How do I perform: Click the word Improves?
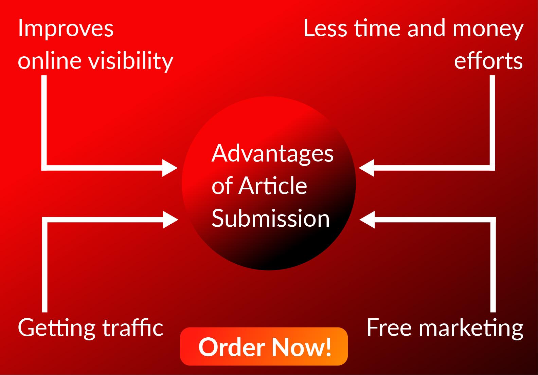(66, 29)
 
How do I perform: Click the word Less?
(325, 28)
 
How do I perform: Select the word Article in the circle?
(273, 186)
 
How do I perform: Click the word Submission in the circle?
(271, 218)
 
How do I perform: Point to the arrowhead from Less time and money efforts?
(366, 168)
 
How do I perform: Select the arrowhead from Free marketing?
(367, 220)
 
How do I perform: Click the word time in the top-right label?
(377, 28)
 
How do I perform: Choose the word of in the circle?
(222, 186)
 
